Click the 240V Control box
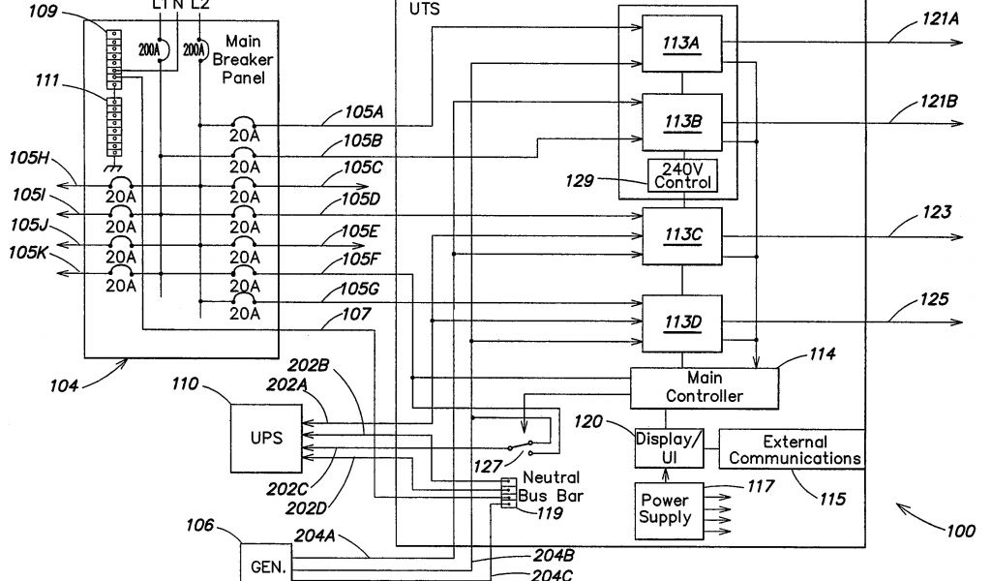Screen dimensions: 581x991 (682, 174)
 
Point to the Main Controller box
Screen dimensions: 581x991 (704, 387)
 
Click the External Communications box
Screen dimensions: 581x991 (791, 449)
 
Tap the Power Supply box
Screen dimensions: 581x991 (666, 509)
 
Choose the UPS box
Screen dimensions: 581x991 (266, 438)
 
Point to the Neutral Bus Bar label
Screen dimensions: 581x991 (551, 485)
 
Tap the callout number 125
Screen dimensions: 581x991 (908, 301)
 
